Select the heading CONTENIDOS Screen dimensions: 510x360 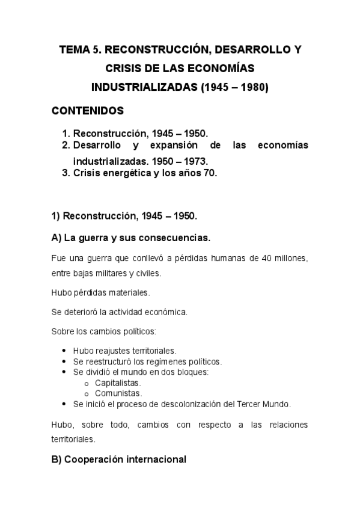[88, 111]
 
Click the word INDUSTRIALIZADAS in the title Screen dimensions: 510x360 [143, 87]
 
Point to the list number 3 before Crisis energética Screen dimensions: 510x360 [66, 173]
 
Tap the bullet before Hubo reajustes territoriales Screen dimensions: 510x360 [65, 350]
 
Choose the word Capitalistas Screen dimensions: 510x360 [118, 382]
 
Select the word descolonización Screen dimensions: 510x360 [183, 404]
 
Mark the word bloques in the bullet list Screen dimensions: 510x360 [192, 372]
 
